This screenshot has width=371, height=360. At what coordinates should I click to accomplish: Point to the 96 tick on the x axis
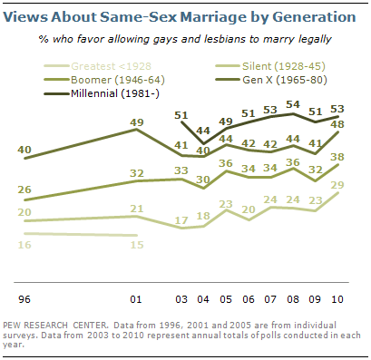coord(26,297)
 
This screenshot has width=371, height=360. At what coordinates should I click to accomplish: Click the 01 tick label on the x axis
coord(137,297)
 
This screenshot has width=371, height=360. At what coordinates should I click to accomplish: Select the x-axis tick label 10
coord(336,297)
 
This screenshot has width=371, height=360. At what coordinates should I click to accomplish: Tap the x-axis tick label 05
coord(225,297)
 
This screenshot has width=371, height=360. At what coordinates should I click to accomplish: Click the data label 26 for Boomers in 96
coord(26,189)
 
